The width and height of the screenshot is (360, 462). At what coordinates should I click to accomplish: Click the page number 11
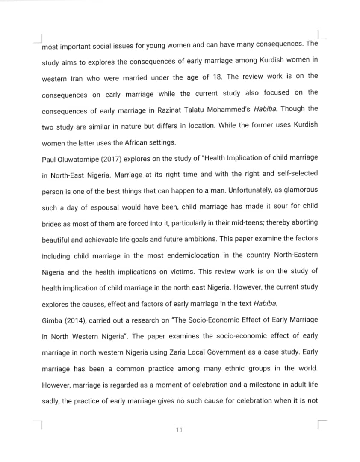[x=179, y=429]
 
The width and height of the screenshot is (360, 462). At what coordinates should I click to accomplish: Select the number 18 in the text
[x=217, y=77]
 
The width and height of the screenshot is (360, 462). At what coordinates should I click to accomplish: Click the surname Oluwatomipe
[x=80, y=159]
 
